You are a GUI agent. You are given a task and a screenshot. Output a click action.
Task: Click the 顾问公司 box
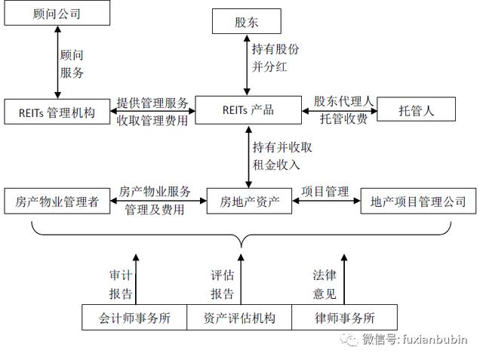pyautogui.click(x=57, y=14)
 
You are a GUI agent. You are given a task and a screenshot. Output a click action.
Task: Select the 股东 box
pyautogui.click(x=247, y=21)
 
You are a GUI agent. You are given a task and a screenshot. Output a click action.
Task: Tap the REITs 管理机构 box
pyautogui.click(x=57, y=112)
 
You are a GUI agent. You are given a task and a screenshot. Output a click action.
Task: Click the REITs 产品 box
pyautogui.click(x=248, y=110)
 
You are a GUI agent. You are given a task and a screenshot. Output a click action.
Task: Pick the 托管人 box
pyautogui.click(x=416, y=109)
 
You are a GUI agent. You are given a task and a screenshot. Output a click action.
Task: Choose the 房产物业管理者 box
pyautogui.click(x=57, y=201)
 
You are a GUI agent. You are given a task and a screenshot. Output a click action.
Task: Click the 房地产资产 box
pyautogui.click(x=249, y=201)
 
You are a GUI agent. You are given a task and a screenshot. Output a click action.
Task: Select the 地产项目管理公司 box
pyautogui.click(x=418, y=201)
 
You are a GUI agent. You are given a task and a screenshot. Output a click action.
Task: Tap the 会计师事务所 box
pyautogui.click(x=134, y=318)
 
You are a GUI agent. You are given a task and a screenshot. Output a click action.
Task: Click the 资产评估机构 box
pyautogui.click(x=239, y=318)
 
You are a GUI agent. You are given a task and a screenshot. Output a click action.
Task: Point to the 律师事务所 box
pyautogui.click(x=344, y=318)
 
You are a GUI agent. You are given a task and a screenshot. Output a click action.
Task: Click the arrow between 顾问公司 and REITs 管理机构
pyautogui.click(x=57, y=62)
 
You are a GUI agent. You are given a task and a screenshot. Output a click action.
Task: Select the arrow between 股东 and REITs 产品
pyautogui.click(x=247, y=65)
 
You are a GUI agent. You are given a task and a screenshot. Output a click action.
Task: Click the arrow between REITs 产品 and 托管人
pyautogui.click(x=340, y=110)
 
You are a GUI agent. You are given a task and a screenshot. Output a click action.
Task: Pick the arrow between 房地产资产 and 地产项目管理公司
pyautogui.click(x=326, y=201)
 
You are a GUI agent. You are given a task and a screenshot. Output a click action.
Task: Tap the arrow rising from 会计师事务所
pyautogui.click(x=136, y=279)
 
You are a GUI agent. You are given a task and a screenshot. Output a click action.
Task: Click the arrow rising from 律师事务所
pyautogui.click(x=344, y=279)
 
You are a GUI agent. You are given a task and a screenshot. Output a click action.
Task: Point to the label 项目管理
pyautogui.click(x=325, y=192)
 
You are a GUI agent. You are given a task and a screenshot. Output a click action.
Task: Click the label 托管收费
pyautogui.click(x=344, y=119)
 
